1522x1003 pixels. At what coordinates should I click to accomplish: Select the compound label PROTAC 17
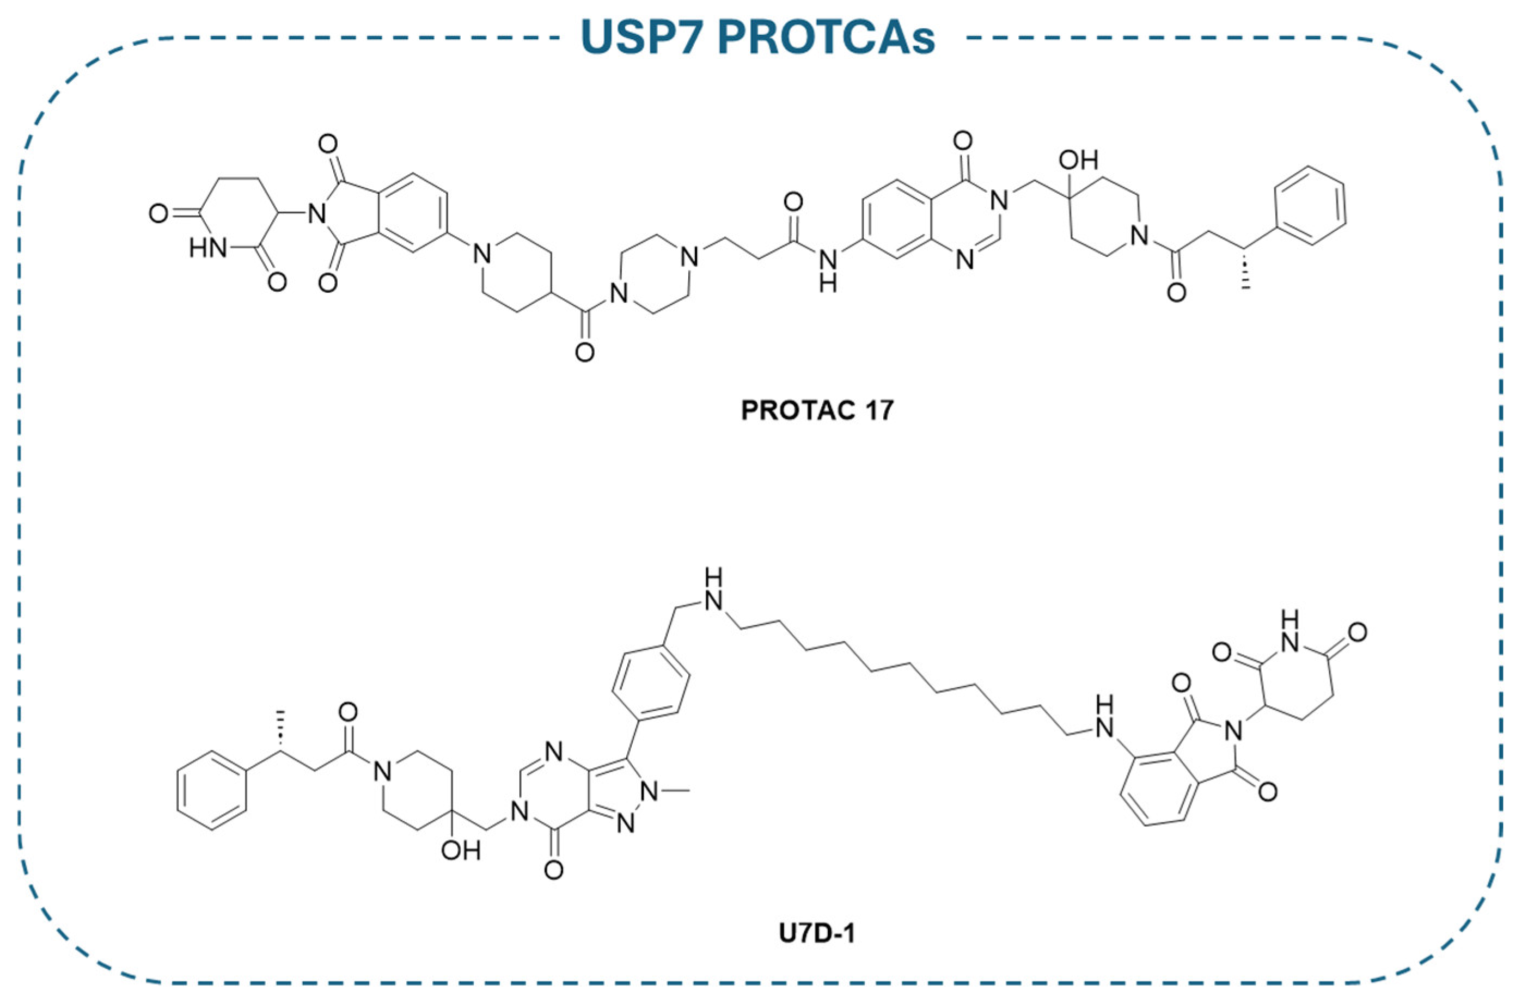[x=817, y=410]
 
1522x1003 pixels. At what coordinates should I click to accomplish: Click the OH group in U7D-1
[x=461, y=851]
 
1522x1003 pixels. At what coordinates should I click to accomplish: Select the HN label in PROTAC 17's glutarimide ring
[x=208, y=249]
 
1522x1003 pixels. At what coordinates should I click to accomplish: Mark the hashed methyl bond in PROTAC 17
[x=1245, y=270]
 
